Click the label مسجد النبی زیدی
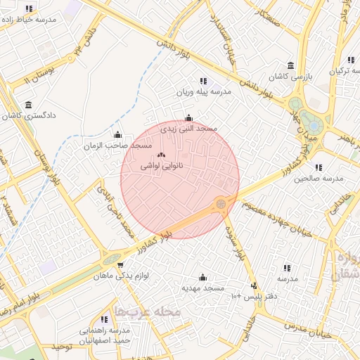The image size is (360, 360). click(189, 129)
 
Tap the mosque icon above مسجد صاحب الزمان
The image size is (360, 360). click(117, 134)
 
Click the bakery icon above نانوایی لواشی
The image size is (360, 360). click(162, 154)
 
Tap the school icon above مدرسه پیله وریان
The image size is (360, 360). click(203, 81)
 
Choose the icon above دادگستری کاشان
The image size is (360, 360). click(28, 105)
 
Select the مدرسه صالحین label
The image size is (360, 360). click(319, 179)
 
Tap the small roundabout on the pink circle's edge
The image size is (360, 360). click(221, 204)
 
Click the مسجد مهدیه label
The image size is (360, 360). click(203, 288)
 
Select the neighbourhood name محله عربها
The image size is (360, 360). click(148, 310)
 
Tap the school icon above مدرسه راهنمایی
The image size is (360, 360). click(105, 319)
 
